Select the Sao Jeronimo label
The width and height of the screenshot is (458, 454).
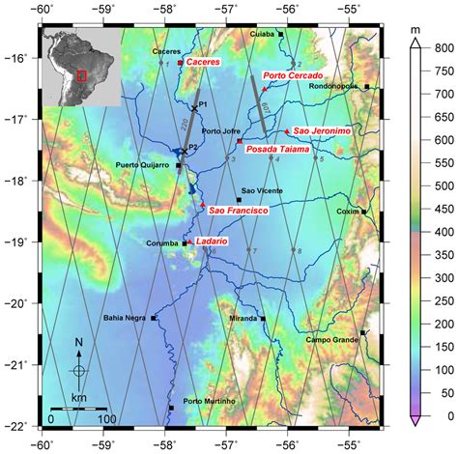click(x=320, y=129)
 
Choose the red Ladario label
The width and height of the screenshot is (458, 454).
click(x=211, y=241)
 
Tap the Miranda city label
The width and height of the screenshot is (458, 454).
click(x=243, y=318)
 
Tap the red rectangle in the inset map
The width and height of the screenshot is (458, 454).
click(x=82, y=73)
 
